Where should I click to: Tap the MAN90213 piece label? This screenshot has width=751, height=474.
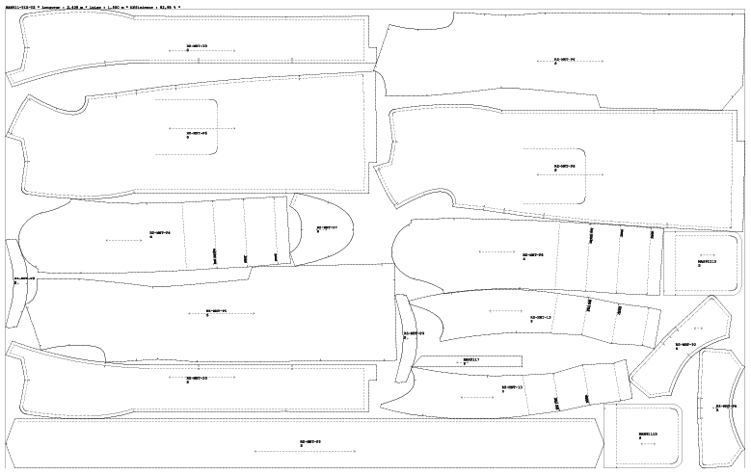pos(706,260)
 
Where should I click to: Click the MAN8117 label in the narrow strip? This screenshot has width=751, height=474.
pos(471,360)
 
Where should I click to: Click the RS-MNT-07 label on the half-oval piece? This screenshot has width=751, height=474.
pos(327,228)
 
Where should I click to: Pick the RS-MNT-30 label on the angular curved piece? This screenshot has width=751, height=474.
pos(685,344)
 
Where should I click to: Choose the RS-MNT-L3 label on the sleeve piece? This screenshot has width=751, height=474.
pos(540,316)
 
